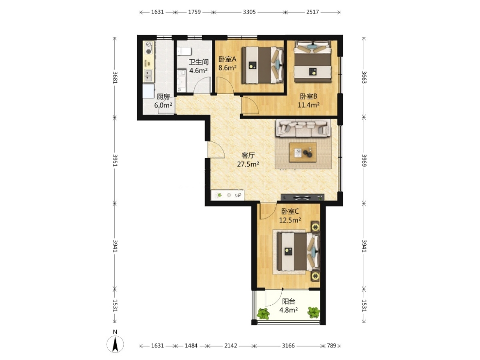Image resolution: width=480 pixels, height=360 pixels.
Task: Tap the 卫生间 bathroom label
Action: click(x=198, y=62)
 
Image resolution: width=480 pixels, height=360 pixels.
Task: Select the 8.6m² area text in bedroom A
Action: click(x=227, y=68)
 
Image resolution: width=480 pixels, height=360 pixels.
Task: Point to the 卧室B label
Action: click(x=308, y=96)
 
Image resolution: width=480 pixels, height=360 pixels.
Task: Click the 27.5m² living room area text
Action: click(x=248, y=164)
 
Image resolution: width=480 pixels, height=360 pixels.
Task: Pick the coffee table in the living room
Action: click(x=303, y=152)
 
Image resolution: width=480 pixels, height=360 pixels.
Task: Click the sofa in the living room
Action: click(x=304, y=127)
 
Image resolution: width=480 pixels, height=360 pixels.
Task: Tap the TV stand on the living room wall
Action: click(x=303, y=197)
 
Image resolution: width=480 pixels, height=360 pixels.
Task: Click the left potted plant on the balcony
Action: click(x=263, y=313)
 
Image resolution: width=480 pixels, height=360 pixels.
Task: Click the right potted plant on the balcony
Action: click(x=314, y=313)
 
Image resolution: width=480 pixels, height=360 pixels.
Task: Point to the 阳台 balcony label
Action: click(x=288, y=301)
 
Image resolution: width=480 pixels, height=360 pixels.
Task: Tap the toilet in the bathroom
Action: click(x=184, y=51)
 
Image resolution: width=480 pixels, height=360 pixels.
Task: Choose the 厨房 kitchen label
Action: click(x=163, y=97)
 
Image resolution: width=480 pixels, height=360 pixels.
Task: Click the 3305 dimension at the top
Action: click(x=249, y=12)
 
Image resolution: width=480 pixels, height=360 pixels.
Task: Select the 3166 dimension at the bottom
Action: click(x=288, y=345)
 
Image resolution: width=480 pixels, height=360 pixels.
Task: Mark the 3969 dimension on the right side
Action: click(x=364, y=160)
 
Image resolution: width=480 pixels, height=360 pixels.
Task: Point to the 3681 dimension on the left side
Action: click(x=115, y=77)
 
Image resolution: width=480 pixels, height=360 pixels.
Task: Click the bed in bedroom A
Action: click(x=263, y=65)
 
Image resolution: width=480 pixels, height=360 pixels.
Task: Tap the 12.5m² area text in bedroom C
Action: click(x=290, y=220)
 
